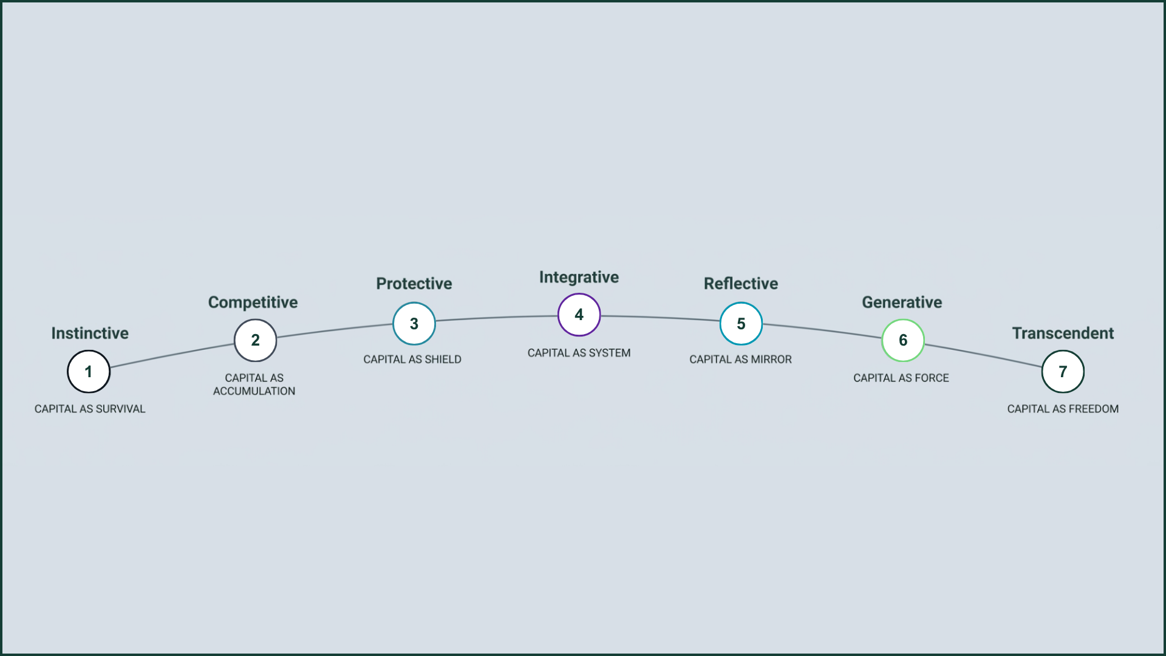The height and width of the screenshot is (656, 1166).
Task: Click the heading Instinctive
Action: pyautogui.click(x=90, y=333)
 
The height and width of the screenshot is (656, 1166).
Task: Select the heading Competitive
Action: pyautogui.click(x=253, y=302)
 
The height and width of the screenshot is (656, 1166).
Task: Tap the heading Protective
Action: pyautogui.click(x=414, y=284)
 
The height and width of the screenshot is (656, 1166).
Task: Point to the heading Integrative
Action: pyautogui.click(x=579, y=278)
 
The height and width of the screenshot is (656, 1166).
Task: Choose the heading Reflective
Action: pyautogui.click(x=741, y=284)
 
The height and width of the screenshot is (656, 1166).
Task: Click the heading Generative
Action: pyautogui.click(x=902, y=302)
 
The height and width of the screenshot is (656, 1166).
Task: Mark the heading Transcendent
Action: pyautogui.click(x=1063, y=333)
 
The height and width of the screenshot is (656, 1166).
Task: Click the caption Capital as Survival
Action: pyautogui.click(x=90, y=409)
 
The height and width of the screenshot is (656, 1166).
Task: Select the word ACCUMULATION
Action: pyautogui.click(x=254, y=391)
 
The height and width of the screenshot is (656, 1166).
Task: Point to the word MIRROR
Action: pyautogui.click(x=771, y=360)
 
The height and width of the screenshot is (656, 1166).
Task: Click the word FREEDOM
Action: pyautogui.click(x=1094, y=409)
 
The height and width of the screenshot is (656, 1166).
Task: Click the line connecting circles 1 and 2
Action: pyautogui.click(x=172, y=355)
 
